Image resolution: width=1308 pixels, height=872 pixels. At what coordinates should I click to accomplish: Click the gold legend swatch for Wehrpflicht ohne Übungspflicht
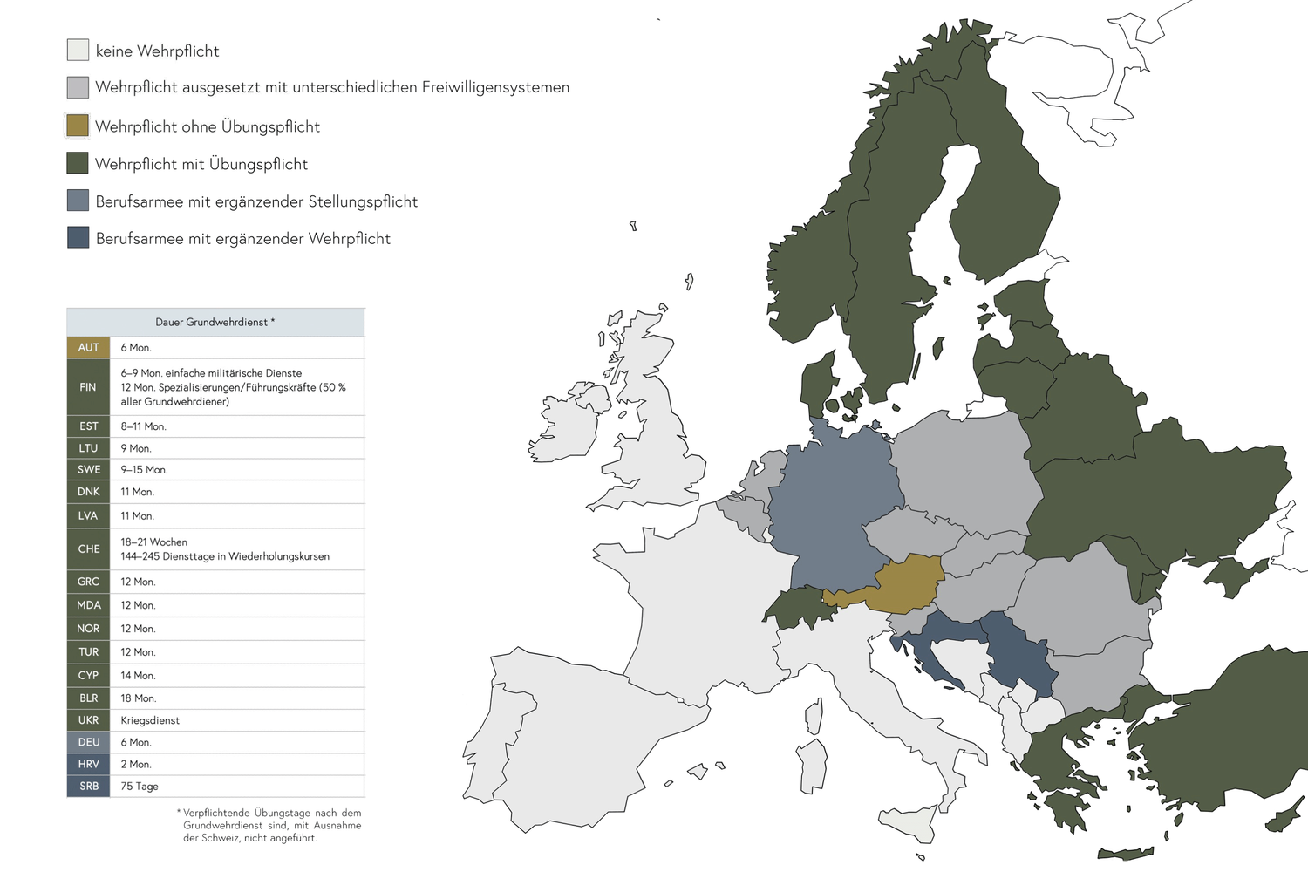pyautogui.click(x=78, y=126)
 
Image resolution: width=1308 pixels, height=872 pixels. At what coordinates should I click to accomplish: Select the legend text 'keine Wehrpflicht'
pyautogui.click(x=157, y=51)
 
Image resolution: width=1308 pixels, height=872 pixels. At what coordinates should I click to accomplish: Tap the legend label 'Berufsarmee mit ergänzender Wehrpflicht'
pyautogui.click(x=242, y=238)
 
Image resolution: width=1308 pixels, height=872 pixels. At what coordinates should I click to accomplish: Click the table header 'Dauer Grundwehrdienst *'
pyautogui.click(x=215, y=322)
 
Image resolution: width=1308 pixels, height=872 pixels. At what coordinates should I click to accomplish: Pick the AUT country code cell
pyautogui.click(x=88, y=347)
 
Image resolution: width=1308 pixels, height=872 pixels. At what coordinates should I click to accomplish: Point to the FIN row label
pyautogui.click(x=88, y=386)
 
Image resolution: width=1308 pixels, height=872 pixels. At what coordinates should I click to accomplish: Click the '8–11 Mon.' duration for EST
pyautogui.click(x=143, y=426)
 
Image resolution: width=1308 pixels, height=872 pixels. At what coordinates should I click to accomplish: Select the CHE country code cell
pyautogui.click(x=88, y=548)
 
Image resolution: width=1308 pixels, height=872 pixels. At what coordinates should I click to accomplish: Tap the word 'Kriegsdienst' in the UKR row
pyautogui.click(x=150, y=720)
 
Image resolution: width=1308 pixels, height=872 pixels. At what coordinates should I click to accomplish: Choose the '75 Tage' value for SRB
pyautogui.click(x=140, y=786)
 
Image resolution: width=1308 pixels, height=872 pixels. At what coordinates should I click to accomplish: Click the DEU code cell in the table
pyautogui.click(x=88, y=742)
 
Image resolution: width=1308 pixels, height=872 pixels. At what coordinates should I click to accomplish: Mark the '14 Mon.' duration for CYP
pyautogui.click(x=138, y=675)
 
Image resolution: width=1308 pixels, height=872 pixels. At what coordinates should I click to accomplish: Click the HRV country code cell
pyautogui.click(x=88, y=764)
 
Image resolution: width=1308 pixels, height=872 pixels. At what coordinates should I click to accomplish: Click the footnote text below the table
pyautogui.click(x=271, y=825)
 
